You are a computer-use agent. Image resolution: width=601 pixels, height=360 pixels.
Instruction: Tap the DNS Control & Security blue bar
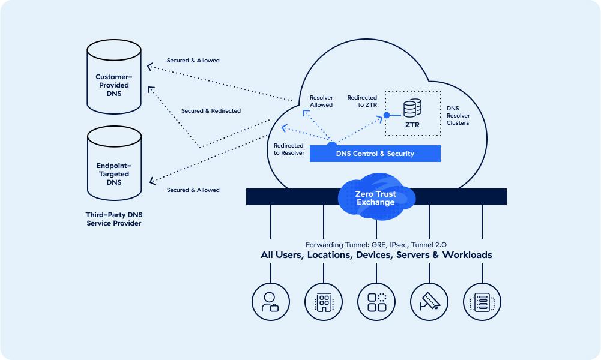375,154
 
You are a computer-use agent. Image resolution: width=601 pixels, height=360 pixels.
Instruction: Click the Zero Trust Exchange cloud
376,197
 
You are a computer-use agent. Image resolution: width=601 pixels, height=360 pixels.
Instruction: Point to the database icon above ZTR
411,109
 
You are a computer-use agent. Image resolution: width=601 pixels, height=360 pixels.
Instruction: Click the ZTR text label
412,125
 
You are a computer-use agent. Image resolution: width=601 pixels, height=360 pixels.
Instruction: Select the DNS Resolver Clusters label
458,116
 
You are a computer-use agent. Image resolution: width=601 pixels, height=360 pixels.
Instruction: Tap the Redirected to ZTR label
362,101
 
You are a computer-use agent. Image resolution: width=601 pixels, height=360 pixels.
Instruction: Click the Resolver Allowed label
321,101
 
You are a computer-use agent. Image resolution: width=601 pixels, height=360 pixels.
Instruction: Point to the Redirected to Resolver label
289,149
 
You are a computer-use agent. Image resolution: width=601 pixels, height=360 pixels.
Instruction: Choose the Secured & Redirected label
211,111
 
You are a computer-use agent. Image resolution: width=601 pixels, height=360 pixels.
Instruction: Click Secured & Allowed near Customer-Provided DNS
193,61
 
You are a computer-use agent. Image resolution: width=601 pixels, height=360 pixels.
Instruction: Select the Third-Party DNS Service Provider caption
113,218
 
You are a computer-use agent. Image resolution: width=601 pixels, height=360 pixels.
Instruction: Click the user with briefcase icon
271,301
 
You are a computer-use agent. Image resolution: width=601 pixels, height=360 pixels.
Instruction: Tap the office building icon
324,301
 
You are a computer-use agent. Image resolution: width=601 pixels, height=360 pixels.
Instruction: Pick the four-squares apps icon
376,301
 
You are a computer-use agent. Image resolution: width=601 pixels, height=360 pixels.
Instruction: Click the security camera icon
429,301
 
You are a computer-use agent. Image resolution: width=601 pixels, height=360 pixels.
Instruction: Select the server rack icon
482,301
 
